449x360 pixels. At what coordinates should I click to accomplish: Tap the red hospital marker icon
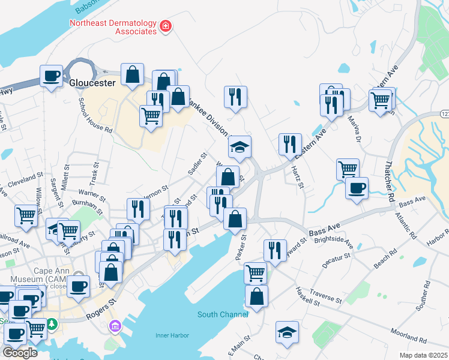(x=164, y=26)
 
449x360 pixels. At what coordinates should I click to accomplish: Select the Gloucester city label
(x=92, y=83)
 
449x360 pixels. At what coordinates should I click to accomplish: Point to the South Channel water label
(x=222, y=314)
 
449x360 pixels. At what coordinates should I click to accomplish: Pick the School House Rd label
(x=95, y=116)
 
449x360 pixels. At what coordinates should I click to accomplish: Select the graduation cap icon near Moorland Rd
(x=287, y=332)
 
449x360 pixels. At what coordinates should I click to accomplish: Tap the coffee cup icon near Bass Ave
(x=357, y=188)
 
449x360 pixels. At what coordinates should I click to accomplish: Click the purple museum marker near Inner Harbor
(x=113, y=327)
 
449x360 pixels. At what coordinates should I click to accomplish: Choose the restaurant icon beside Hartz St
(x=290, y=144)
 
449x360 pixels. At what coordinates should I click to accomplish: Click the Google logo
(x=20, y=353)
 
